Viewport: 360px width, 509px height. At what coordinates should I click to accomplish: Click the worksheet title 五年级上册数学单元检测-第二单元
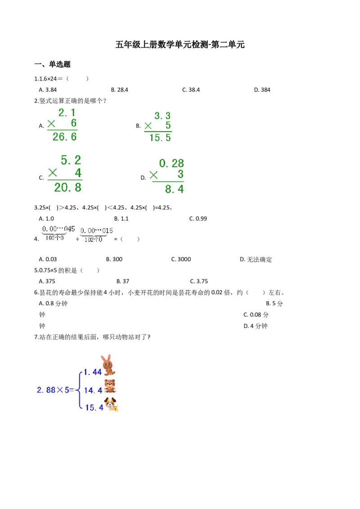click(x=180, y=45)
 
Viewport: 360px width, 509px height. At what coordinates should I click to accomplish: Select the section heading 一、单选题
click(x=52, y=64)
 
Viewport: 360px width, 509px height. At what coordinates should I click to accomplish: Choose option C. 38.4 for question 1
click(x=191, y=89)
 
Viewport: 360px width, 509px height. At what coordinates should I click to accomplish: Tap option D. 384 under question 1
click(x=262, y=89)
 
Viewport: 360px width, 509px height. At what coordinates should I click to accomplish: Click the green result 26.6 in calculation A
click(x=65, y=137)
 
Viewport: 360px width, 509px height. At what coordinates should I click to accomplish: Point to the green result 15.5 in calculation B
click(x=160, y=138)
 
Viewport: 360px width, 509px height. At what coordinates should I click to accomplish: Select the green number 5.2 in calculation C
click(x=71, y=160)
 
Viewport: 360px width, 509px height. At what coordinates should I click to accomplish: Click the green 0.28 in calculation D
click(x=171, y=163)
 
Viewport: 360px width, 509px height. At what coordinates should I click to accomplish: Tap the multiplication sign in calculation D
click(x=154, y=175)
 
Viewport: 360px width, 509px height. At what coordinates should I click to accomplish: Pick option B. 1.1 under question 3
click(x=121, y=219)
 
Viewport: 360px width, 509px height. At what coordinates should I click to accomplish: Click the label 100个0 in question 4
click(x=54, y=237)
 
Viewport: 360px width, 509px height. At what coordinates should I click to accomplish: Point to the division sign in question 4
click(x=77, y=239)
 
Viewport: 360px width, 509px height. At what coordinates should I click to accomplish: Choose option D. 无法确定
click(x=256, y=259)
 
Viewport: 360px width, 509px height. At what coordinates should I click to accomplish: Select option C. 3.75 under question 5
click(x=199, y=281)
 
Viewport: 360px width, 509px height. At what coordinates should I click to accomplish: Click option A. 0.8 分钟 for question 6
click(x=53, y=304)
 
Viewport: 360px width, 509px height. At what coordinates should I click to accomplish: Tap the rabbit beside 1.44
click(x=108, y=365)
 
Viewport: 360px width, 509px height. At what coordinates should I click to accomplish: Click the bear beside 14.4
click(x=110, y=386)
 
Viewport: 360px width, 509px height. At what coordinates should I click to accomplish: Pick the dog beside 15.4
click(x=111, y=405)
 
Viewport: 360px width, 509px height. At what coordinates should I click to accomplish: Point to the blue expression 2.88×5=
click(x=55, y=390)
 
